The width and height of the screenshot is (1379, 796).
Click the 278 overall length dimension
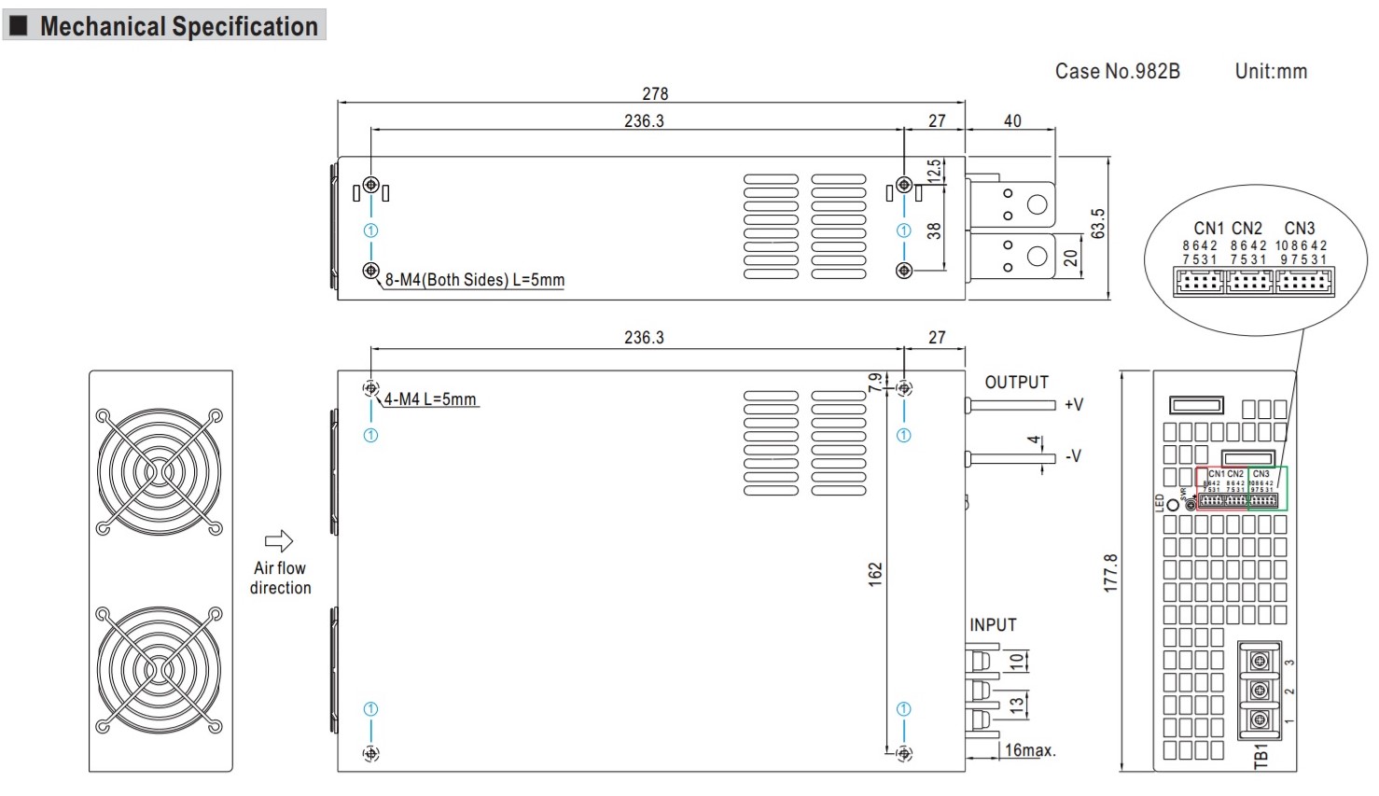tap(655, 93)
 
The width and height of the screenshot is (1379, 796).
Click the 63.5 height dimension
tap(1098, 224)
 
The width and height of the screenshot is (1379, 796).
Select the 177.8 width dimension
tap(1110, 572)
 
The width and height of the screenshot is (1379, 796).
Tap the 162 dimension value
tap(874, 574)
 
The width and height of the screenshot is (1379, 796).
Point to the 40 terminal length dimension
tap(1012, 120)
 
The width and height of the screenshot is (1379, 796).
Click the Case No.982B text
tap(1117, 71)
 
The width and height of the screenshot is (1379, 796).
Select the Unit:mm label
tap(1271, 71)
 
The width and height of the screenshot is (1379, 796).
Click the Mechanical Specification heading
tap(178, 26)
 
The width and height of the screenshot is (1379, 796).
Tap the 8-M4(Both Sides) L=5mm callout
tap(474, 280)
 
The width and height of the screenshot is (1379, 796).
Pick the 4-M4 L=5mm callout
tap(430, 399)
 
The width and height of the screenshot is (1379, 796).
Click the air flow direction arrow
tap(279, 541)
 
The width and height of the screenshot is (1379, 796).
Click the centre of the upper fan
tap(160, 472)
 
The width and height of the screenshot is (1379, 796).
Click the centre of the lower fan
tap(160, 670)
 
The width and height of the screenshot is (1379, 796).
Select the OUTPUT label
tap(1016, 383)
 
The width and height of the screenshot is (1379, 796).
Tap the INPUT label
tap(993, 625)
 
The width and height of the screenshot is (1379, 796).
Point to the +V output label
tap(1074, 404)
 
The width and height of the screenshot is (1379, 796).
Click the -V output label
tap(1074, 456)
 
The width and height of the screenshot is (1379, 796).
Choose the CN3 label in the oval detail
tap(1299, 229)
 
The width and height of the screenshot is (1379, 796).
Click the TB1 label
tap(1261, 755)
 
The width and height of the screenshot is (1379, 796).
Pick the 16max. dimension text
tap(1030, 750)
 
